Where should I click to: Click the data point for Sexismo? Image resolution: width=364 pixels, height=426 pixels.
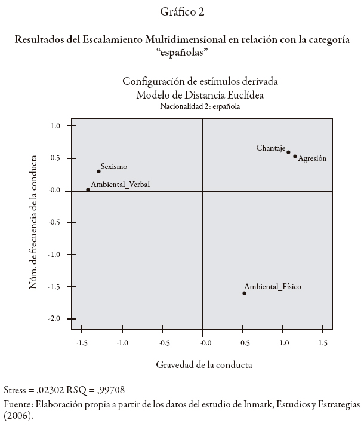pos(98,171)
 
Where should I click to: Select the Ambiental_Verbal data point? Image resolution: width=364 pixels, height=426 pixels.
pos(88,189)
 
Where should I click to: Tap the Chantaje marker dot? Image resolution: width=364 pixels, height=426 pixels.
pos(288,152)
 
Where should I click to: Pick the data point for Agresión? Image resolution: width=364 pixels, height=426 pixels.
pos(295,157)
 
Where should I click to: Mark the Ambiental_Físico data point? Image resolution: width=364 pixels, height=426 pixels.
pos(244,293)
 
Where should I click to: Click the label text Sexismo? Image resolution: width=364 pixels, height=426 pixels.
pos(114,167)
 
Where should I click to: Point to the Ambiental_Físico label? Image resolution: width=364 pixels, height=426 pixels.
pos(273,287)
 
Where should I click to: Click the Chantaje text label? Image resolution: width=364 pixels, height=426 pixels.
pos(271,148)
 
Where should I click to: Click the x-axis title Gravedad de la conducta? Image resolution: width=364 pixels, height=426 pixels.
pos(204,364)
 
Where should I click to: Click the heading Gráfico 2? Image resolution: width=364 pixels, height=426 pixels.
pos(181,12)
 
